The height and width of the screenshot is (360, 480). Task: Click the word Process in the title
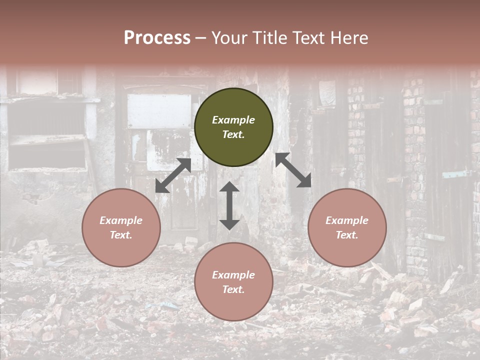(157, 38)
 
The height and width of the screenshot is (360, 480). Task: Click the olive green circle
(233, 127)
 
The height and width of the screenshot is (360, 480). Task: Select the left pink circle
(121, 227)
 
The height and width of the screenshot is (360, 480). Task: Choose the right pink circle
(347, 227)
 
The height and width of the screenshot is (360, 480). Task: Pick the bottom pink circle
(233, 281)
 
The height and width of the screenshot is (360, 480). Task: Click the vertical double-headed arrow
(229, 205)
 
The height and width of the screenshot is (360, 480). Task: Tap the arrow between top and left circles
(173, 175)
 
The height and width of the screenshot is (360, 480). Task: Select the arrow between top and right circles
(293, 170)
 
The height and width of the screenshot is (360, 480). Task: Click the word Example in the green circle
(233, 120)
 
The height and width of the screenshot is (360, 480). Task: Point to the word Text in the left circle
(121, 235)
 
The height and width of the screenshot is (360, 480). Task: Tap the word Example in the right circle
(347, 220)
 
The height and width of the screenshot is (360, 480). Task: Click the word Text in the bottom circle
(233, 289)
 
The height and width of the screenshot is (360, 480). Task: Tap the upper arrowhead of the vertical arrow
(229, 187)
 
